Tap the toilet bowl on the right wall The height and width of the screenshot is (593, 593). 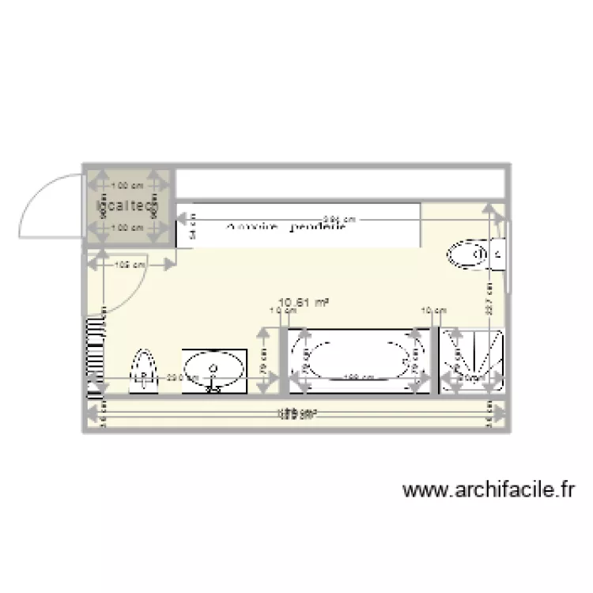point(466,255)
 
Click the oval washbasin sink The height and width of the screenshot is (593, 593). point(213,368)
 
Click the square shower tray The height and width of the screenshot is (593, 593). point(472,361)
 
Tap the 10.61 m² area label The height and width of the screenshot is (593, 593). point(304,301)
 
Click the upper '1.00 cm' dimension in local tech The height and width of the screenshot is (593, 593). point(127,187)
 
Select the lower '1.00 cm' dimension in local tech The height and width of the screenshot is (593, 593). point(127,228)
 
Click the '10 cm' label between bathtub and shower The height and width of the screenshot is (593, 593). point(432,310)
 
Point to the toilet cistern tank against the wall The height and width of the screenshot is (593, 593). point(498,255)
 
